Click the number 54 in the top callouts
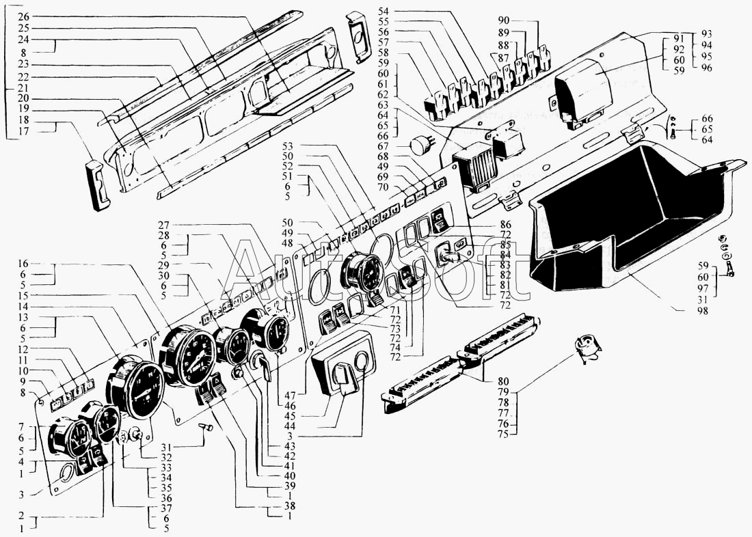click(383, 12)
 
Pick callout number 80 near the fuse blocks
click(504, 381)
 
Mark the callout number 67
click(383, 146)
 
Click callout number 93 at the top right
click(707, 35)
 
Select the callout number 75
click(504, 432)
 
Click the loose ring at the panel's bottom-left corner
click(67, 473)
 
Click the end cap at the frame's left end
click(98, 185)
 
